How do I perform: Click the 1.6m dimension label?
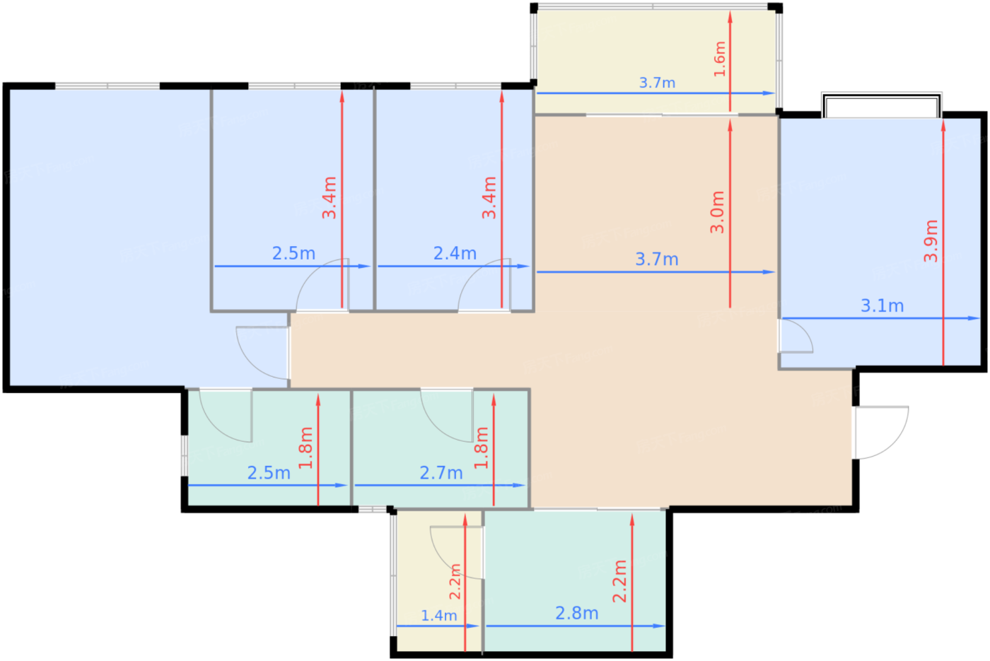pyautogui.click(x=720, y=59)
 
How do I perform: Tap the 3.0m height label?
pyautogui.click(x=717, y=212)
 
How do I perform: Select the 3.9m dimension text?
pyautogui.click(x=931, y=241)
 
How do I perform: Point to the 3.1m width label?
pyautogui.click(x=883, y=305)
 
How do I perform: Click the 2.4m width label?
pyautogui.click(x=455, y=254)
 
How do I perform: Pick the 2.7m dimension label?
pyautogui.click(x=441, y=473)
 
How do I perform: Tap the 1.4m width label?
pyautogui.click(x=439, y=616)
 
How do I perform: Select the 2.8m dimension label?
pyautogui.click(x=577, y=614)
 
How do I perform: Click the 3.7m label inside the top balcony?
pyautogui.click(x=657, y=83)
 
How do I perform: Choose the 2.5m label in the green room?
pyautogui.click(x=269, y=473)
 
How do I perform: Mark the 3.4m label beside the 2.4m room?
pyautogui.click(x=489, y=197)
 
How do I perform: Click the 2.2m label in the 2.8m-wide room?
pyautogui.click(x=619, y=581)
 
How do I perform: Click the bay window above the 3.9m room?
pyautogui.click(x=882, y=105)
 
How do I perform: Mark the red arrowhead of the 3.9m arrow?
pyautogui.click(x=943, y=126)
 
